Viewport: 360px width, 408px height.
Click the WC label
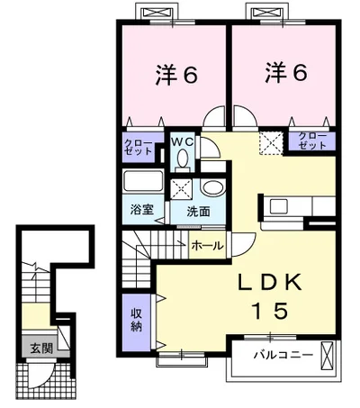[183, 141]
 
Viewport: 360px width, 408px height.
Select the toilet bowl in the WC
[183, 159]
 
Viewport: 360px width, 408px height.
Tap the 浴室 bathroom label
[140, 211]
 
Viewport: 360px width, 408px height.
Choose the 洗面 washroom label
[198, 211]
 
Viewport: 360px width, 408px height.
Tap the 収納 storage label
[137, 319]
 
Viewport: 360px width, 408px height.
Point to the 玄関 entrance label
[33, 347]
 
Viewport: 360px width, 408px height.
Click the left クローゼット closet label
[139, 148]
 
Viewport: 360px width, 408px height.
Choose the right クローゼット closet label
[312, 141]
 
